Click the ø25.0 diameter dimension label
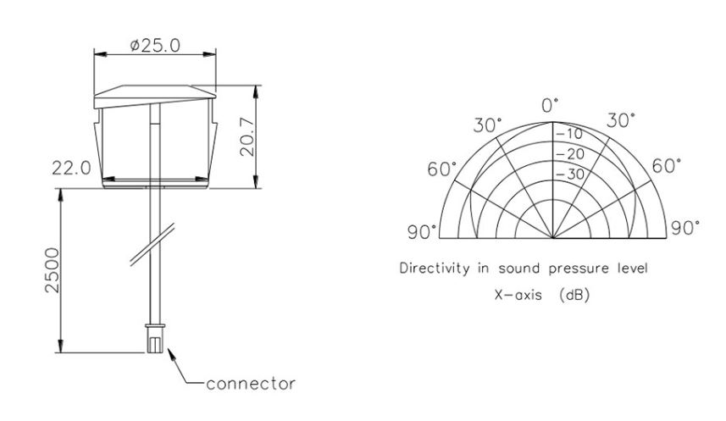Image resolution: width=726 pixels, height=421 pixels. coord(155,46)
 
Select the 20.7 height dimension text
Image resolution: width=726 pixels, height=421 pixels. coord(247,137)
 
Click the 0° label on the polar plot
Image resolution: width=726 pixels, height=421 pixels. coord(551,105)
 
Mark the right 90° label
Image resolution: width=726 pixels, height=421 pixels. coord(685,229)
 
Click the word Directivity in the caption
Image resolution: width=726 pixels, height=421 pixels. coord(435,269)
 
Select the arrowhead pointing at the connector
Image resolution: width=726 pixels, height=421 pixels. coord(173,355)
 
